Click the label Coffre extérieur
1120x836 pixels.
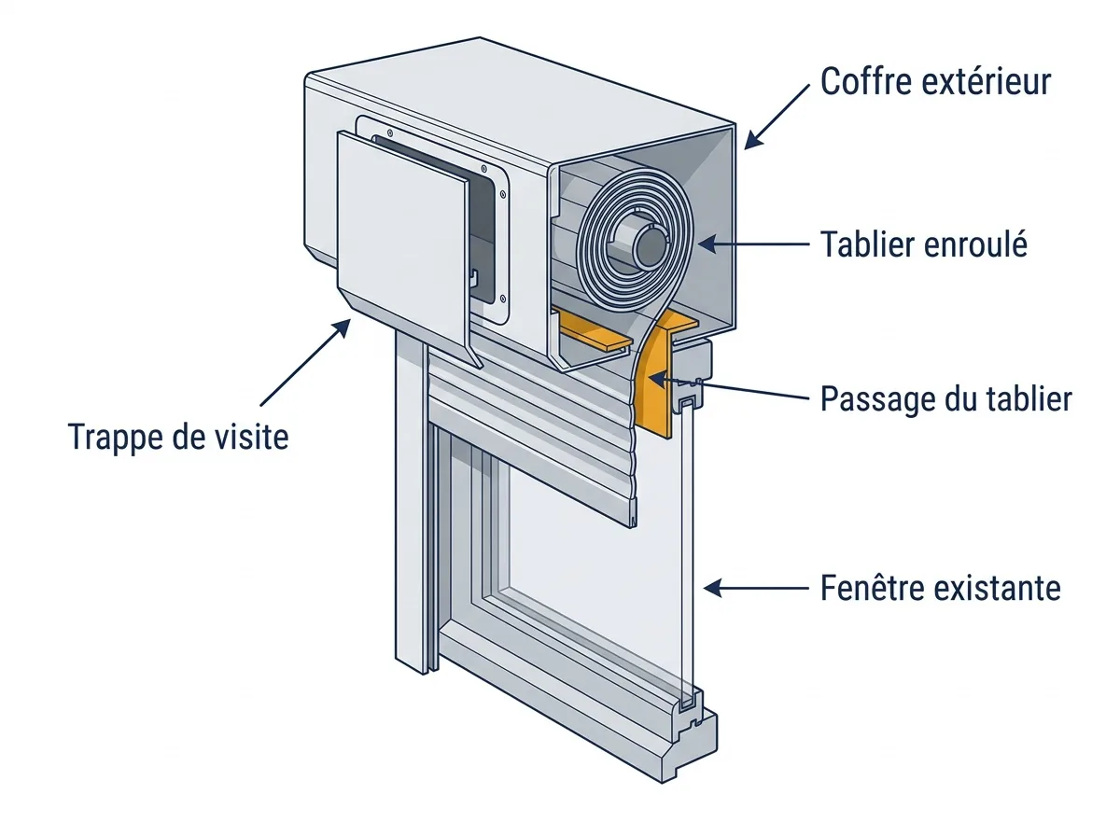pos(935,81)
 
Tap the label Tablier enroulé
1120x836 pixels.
pos(924,244)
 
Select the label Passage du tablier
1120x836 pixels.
pos(945,398)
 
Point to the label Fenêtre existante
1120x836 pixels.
pos(941,588)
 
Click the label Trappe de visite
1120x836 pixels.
pos(178,438)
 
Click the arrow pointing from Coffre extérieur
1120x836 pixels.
pos(777,117)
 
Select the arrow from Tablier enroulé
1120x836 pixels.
pos(753,244)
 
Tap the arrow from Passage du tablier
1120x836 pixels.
pos(729,387)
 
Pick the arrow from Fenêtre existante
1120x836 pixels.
pos(756,588)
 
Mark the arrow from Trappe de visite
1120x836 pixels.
pos(305,362)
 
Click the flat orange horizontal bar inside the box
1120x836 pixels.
pos(595,330)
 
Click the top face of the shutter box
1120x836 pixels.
pos(521,102)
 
